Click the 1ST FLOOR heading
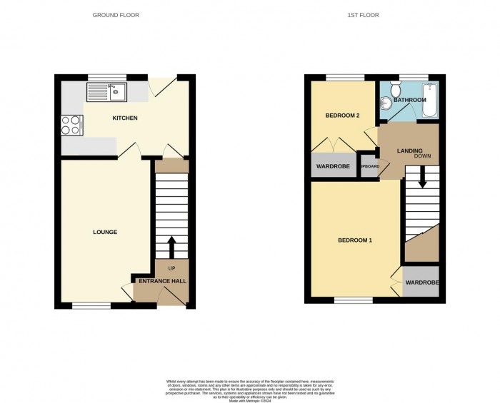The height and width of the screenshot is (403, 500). tap(363, 14)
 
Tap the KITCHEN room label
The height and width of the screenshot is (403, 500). tap(124, 118)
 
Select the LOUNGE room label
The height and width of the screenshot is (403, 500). tap(105, 232)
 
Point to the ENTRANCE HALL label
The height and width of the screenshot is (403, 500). tap(163, 281)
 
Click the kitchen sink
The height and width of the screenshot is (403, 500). tap(105, 91)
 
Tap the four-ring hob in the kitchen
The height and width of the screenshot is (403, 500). tap(71, 126)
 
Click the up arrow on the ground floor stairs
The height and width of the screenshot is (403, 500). tap(171, 247)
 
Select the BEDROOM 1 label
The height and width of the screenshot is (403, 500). tap(355, 240)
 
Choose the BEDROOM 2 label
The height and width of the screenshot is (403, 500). tap(341, 116)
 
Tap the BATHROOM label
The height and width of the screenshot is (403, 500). tap(409, 100)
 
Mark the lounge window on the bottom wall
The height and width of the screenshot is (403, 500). tap(91, 306)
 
